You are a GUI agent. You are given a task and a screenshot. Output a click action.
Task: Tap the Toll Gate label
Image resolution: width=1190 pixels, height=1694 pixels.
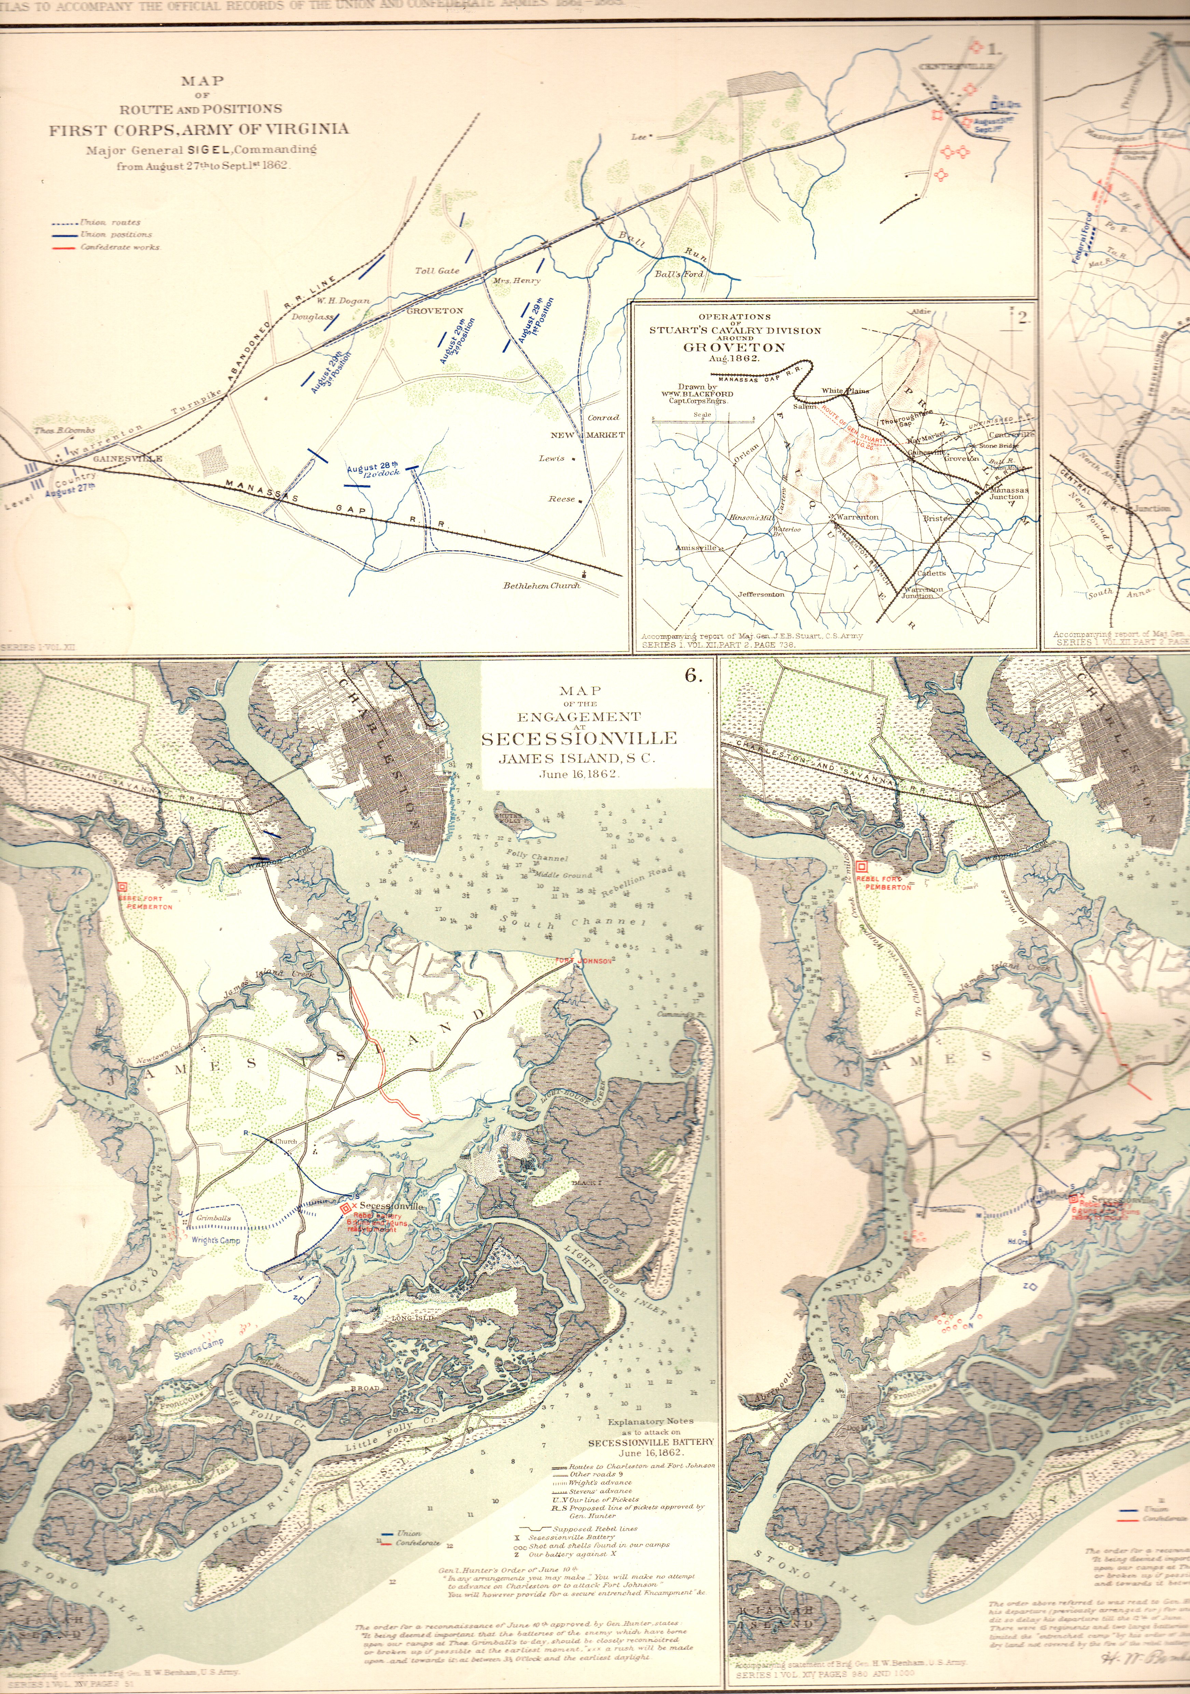(x=437, y=271)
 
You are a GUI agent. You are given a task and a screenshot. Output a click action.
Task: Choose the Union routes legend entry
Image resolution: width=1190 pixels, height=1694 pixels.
(x=111, y=222)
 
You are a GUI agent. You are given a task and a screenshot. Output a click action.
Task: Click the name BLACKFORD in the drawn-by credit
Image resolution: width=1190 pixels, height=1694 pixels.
(x=708, y=394)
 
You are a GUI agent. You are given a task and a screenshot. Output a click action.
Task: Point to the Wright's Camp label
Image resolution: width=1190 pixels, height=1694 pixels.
(x=215, y=1240)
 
